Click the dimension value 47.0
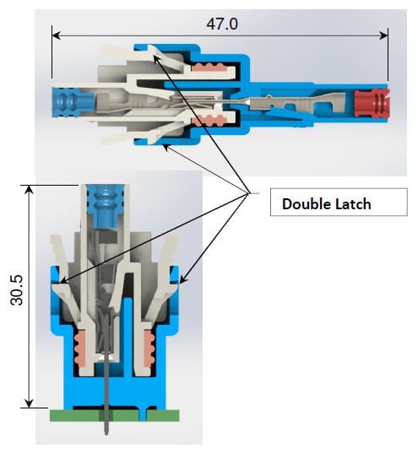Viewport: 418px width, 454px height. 222,24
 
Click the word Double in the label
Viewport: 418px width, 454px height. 305,203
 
